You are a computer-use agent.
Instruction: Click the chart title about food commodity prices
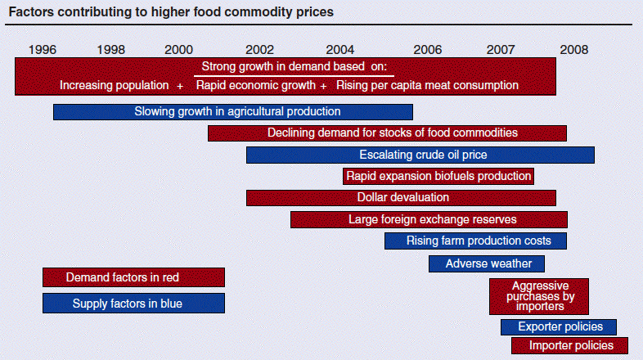tap(171, 13)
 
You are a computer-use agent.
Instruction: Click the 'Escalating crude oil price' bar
tap(420, 155)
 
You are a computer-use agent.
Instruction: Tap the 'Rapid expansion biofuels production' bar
tap(438, 176)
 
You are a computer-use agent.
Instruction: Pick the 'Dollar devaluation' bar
tap(401, 198)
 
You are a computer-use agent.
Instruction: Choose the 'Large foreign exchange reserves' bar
tap(429, 219)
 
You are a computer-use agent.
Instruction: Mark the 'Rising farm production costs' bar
tap(475, 241)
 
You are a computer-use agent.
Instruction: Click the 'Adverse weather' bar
tap(487, 263)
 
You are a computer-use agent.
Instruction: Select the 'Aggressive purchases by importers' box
tap(539, 296)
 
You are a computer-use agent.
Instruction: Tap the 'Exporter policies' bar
tap(559, 327)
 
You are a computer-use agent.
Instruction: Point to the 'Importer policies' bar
tap(569, 346)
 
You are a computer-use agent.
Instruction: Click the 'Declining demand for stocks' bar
tap(387, 133)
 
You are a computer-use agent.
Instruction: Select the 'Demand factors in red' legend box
tap(133, 277)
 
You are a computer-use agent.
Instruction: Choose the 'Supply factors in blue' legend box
tap(133, 304)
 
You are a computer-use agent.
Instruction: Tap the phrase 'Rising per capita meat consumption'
tap(428, 85)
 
